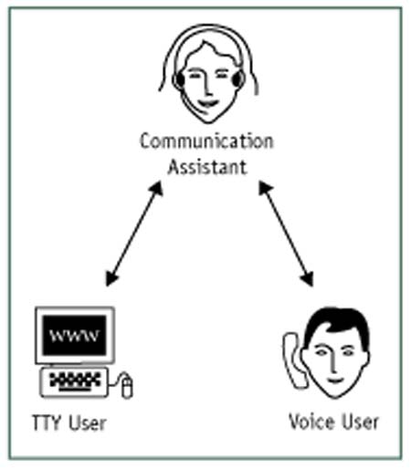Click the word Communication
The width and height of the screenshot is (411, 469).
205,142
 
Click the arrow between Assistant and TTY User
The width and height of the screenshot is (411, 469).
134,233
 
